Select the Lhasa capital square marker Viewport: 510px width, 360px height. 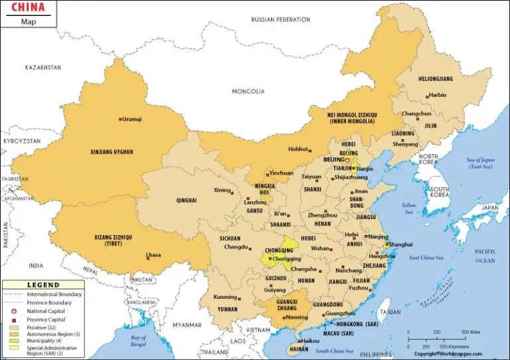point(147,255)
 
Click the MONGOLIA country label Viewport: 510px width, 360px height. point(248,91)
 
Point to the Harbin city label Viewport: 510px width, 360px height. point(438,95)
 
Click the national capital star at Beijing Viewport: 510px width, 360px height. point(347,160)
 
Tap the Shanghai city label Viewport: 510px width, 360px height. point(402,244)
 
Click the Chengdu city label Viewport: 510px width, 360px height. point(236,247)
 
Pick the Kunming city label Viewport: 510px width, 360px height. point(226,297)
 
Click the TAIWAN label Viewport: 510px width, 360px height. point(390,312)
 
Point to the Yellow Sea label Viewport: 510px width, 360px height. point(409,209)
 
